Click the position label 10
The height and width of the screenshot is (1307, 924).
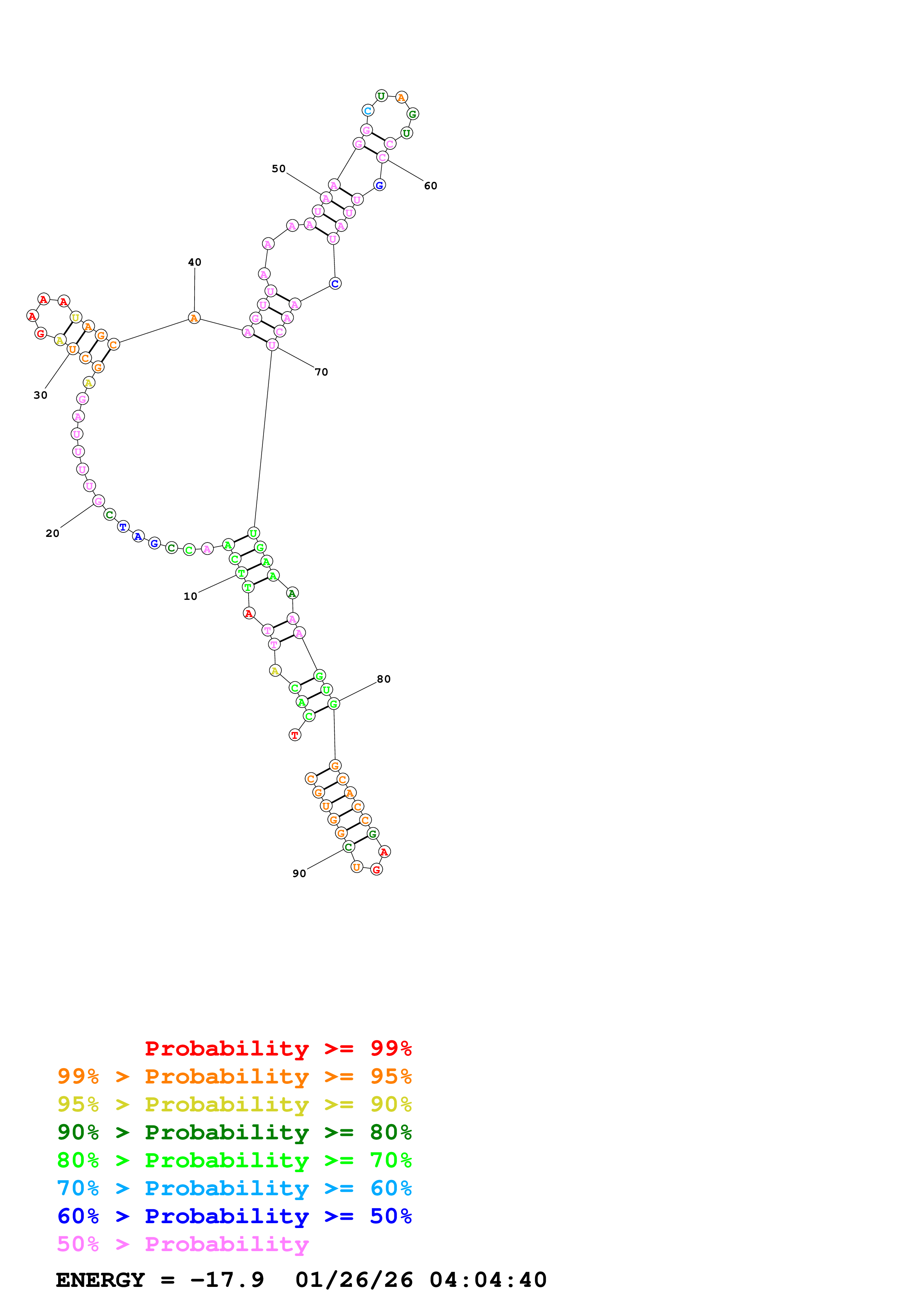(190, 596)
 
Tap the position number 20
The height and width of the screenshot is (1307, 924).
(53, 534)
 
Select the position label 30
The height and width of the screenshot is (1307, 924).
(40, 395)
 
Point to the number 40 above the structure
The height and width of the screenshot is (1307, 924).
(195, 262)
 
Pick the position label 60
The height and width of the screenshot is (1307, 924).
(431, 186)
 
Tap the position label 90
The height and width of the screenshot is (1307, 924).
(299, 874)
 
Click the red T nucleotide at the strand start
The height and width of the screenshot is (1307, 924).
(295, 735)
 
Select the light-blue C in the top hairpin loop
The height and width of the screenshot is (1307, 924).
(368, 110)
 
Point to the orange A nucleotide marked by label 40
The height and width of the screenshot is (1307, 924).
(194, 318)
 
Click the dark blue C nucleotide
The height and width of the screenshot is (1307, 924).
(335, 284)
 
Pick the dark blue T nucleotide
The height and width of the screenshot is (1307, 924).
(123, 527)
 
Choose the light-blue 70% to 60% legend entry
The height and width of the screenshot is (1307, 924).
(234, 1188)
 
